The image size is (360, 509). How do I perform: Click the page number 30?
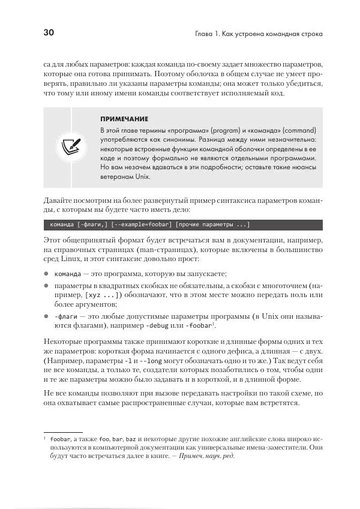coord(49,33)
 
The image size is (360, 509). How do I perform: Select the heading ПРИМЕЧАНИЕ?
coord(124,119)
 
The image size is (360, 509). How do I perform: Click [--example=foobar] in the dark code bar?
coord(142,225)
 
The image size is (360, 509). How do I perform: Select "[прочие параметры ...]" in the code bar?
coord(213,225)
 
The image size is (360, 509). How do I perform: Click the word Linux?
coord(72,260)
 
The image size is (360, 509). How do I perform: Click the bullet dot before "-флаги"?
coord(46,316)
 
